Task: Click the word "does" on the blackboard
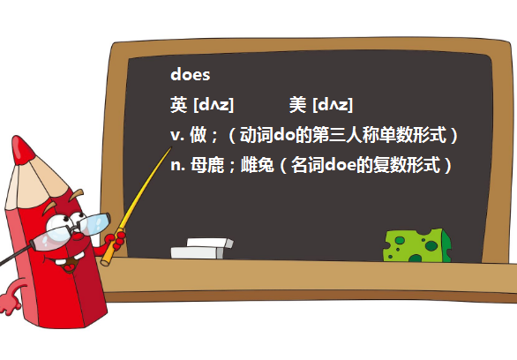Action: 191,74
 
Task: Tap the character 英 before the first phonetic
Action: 179,105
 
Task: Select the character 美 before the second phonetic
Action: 297,105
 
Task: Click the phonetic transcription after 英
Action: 214,105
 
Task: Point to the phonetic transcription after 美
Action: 333,105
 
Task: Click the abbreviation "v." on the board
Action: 177,136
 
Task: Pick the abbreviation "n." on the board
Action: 177,166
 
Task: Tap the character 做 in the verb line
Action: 199,134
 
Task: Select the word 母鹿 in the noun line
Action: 207,164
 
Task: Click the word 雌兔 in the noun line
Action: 258,164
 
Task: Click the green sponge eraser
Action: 417,245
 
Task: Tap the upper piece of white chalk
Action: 210,243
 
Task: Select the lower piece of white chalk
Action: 197,253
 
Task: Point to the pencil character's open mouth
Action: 70,263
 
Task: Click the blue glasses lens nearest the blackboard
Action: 96,224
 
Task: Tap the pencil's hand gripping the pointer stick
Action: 115,241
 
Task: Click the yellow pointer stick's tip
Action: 171,147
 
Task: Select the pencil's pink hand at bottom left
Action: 10,301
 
